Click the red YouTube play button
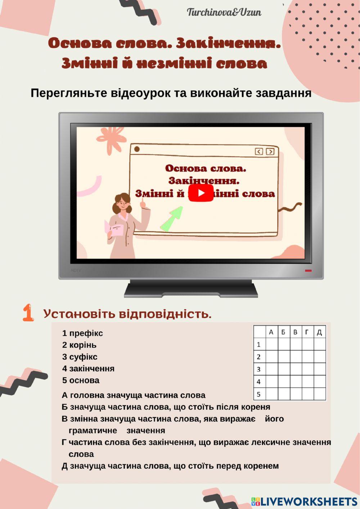(201, 193)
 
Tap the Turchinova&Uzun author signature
(224, 13)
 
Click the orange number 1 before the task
(28, 312)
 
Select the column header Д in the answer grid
(319, 332)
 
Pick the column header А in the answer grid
(271, 332)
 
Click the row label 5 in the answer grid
(258, 394)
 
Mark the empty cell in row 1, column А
(272, 344)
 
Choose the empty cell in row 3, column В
(296, 369)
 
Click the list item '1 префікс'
(82, 333)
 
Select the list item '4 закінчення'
(88, 369)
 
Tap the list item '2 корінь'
(79, 345)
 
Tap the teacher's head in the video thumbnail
(122, 203)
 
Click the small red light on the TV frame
(308, 271)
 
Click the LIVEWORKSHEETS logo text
(308, 501)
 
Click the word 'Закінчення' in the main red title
(228, 44)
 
